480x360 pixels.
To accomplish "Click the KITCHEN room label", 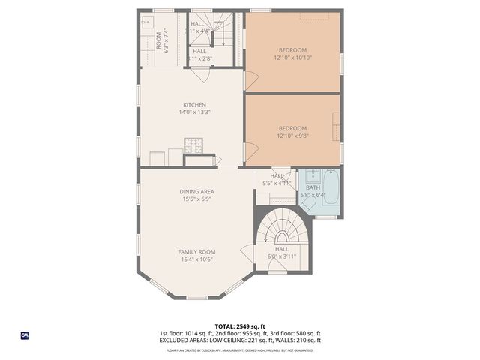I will click(194, 104).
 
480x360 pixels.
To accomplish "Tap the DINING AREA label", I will click(196, 192).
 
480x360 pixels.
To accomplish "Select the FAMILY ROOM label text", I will click(196, 251).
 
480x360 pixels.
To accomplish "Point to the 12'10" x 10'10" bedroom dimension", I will click(292, 58).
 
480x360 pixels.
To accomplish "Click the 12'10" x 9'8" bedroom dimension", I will click(292, 136).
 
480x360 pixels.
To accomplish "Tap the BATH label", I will click(312, 187).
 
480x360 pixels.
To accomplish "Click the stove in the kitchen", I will click(193, 145).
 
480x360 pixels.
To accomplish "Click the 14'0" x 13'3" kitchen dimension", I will click(194, 112).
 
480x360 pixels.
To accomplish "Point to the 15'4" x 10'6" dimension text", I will click(196, 259).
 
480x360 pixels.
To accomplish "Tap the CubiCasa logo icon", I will click(24, 335).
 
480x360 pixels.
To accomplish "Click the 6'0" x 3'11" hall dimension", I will click(282, 256).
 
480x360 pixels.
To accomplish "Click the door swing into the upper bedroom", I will click(251, 78).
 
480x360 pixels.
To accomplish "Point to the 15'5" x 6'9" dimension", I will click(196, 199).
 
